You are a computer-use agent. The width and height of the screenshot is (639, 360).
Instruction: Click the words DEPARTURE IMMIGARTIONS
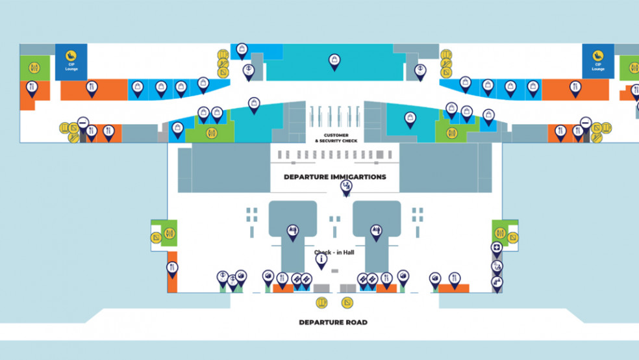pos(334,177)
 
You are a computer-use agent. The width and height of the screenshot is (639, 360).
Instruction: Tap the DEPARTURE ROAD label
pos(332,322)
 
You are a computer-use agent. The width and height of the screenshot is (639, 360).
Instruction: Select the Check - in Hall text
pos(332,252)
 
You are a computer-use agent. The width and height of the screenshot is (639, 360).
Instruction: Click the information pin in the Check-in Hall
pos(321,259)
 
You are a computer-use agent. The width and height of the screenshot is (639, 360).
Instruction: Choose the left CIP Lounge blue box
pos(71,61)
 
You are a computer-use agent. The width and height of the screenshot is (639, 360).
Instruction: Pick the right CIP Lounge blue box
pos(598,61)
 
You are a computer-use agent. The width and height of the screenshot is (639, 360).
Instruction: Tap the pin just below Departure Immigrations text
pos(347,187)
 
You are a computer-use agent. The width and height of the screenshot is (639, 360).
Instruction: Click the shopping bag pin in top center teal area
pos(334,61)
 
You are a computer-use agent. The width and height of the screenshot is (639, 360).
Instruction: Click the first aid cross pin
pos(496,248)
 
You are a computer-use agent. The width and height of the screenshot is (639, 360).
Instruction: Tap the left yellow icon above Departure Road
pos(321,302)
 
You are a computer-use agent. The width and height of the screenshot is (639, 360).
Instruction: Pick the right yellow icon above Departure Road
pos(347,302)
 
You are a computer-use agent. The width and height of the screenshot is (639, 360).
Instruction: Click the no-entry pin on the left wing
pos(83,122)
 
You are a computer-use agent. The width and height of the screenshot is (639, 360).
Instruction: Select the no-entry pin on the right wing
pos(586,123)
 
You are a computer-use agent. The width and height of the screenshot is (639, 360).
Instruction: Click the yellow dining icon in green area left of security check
pos(211,133)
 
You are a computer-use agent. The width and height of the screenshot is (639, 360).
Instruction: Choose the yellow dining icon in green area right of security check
pos(453,133)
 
